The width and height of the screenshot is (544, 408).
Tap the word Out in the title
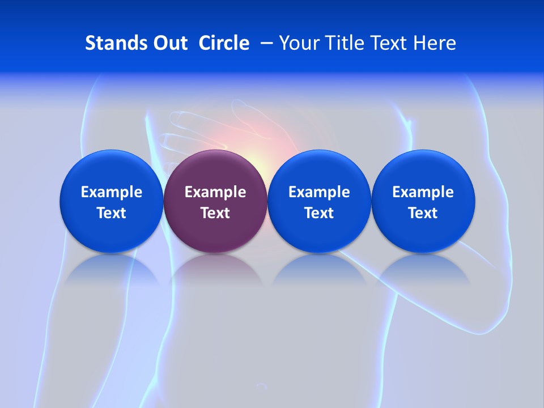coord(169,43)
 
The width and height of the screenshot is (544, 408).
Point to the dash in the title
coord(265,44)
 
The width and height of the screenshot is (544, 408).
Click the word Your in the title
coord(299,43)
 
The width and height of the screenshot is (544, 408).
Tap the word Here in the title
coord(435,43)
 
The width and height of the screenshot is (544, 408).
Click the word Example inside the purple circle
coord(215,192)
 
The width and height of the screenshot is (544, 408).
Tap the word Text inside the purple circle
coord(215,213)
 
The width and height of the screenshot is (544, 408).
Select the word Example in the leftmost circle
coord(111,192)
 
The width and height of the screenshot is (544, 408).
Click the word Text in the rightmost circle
coord(423,213)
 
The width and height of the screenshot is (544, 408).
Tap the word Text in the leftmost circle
coord(111,213)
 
